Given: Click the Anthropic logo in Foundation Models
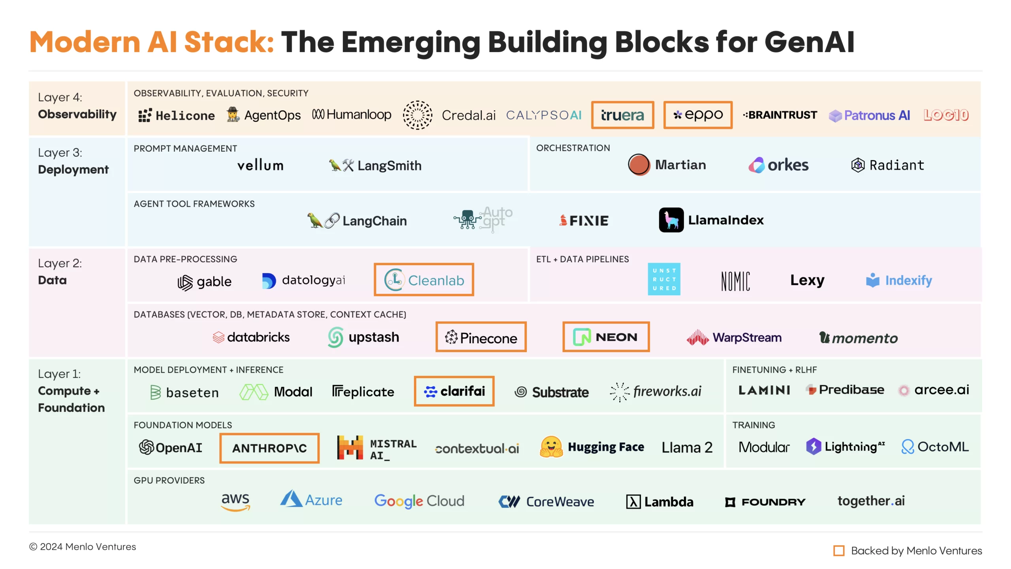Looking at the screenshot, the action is point(269,448).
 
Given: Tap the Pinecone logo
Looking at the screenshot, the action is point(481,337).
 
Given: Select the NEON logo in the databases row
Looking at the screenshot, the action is point(606,337).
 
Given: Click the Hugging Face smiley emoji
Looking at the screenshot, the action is point(551,447).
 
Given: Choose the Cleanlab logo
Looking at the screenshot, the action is point(424,280).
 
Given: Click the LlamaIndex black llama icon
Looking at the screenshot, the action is point(671,220).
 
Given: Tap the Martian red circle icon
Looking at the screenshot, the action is point(639,164).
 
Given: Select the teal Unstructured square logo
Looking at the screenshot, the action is point(664,279).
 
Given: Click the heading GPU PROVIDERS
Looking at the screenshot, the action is point(169,480).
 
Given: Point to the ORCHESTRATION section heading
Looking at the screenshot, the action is point(573,148).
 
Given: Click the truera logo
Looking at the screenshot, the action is point(622,115).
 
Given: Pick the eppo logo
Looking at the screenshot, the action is point(698,115).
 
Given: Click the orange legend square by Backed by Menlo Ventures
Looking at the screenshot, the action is point(839,550).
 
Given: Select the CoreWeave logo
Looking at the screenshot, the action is point(546,502).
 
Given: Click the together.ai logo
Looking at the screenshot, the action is point(871,501).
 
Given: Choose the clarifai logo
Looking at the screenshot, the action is point(454,391).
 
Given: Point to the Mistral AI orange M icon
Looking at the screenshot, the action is point(350,447).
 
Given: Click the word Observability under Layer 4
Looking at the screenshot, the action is point(77,114).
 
